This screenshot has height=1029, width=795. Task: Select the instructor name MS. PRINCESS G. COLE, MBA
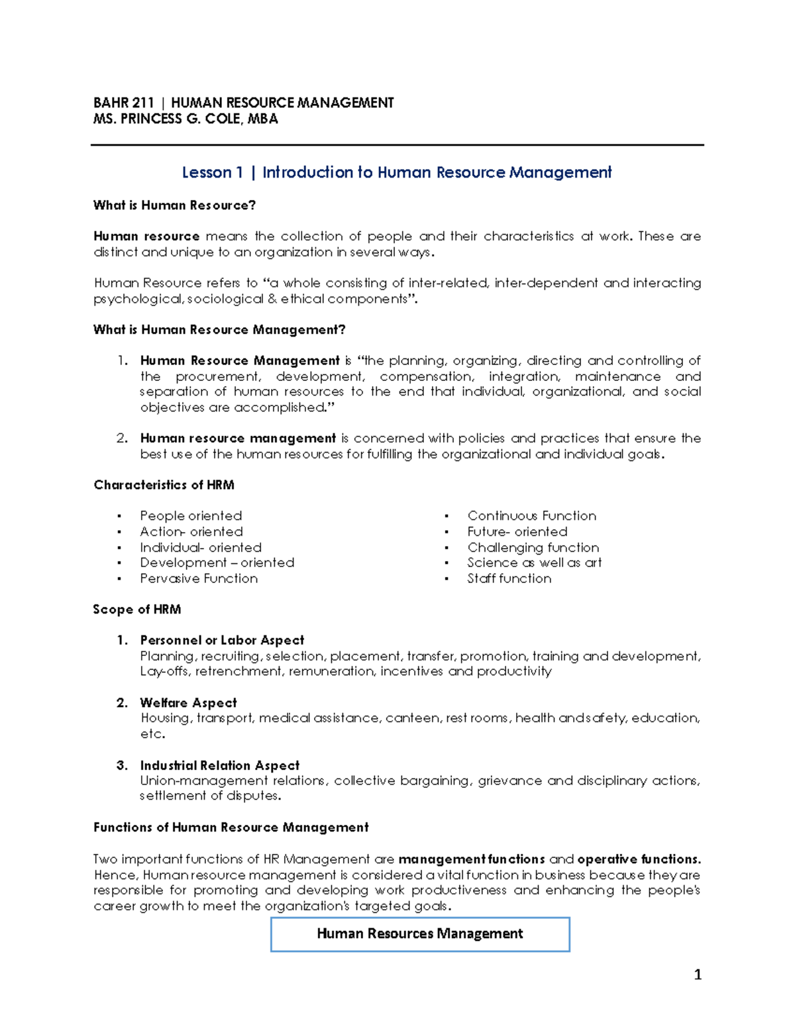coord(185,119)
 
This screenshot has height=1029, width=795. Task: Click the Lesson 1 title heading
coord(396,172)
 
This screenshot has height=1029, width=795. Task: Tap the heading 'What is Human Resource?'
coord(174,205)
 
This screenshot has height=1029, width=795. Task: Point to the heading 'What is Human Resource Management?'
coord(219,330)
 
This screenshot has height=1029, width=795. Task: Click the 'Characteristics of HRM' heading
coord(164,485)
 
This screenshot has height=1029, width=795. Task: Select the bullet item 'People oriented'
coord(191,515)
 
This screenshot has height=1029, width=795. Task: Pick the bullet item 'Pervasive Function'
coord(199,578)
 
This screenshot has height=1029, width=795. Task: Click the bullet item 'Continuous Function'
coord(531,515)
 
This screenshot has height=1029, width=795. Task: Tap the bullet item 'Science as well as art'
coord(534,563)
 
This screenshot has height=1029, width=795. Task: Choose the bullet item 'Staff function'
coord(509,578)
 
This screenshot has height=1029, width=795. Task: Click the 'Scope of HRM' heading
coord(136,610)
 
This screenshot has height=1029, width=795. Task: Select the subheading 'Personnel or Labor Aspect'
coord(222,640)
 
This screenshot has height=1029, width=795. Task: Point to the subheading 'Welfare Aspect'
coord(188,703)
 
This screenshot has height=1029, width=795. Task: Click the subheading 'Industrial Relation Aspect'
coord(219,765)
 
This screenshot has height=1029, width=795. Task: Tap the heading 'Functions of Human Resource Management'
coord(231,828)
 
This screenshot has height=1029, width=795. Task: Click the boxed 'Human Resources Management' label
coord(419,934)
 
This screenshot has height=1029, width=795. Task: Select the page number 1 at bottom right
coord(697,975)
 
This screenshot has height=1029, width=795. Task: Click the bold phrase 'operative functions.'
coord(639,859)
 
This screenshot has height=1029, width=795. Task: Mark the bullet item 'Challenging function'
coord(533,547)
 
